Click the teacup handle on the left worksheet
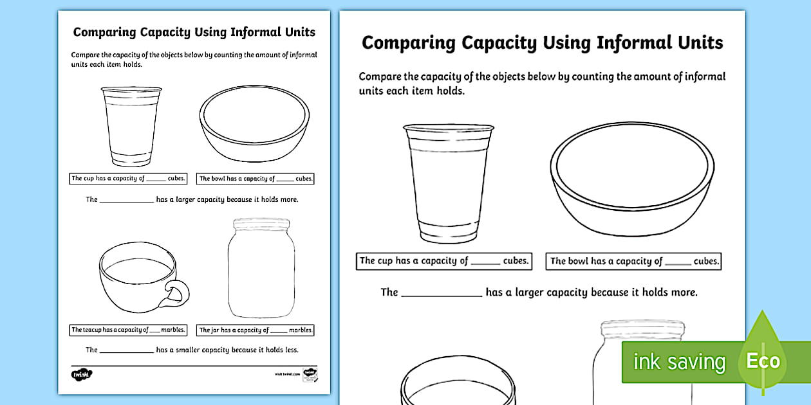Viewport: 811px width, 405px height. point(177,292)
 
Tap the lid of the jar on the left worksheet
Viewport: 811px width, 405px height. point(260,223)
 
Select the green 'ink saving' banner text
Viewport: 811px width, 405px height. point(678,362)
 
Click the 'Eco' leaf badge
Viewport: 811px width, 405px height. point(763,360)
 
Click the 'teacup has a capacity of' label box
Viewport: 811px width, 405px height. point(128,330)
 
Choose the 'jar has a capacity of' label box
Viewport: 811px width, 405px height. point(256,330)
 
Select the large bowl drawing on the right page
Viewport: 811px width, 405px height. point(631,179)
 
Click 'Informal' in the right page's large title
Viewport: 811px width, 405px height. point(624,43)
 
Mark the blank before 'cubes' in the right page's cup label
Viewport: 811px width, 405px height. point(485,262)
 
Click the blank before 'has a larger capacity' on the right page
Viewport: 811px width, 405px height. point(442,293)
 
